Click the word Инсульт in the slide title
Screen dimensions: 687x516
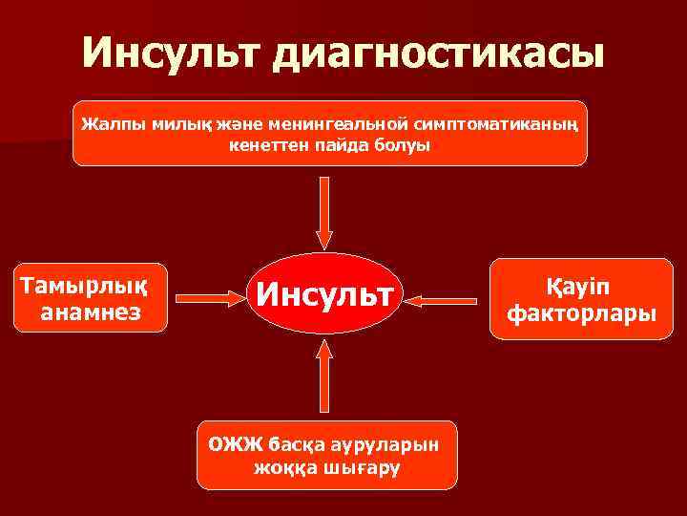coord(170,54)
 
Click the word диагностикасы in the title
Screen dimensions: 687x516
coord(439,55)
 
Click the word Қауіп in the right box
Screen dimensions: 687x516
coord(581,286)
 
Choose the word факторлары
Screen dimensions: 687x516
coord(581,312)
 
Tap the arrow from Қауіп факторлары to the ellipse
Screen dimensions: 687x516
coord(447,300)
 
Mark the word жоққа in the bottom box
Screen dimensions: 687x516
coord(282,468)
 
